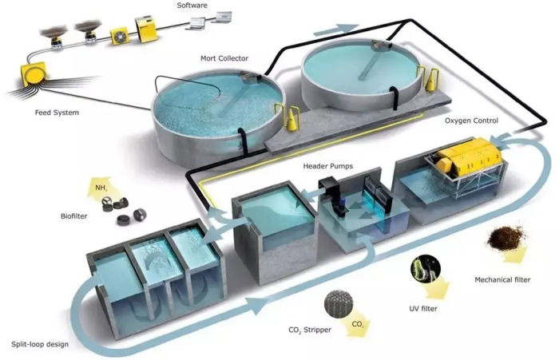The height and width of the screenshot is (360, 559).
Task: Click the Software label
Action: [192, 6]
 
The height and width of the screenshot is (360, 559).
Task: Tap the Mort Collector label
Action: [224, 58]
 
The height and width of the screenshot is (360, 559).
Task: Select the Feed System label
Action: [57, 113]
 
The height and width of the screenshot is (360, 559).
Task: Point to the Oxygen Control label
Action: [471, 121]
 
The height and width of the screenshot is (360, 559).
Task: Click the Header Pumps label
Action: [328, 166]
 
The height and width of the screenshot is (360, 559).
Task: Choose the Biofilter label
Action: [73, 216]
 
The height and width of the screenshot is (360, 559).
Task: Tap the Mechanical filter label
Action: [502, 280]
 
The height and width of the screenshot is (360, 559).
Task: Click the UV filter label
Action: [423, 308]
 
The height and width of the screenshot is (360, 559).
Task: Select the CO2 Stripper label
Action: [310, 330]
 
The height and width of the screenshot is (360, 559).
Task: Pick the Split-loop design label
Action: [40, 344]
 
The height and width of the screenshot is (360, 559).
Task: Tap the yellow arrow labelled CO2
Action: [357, 324]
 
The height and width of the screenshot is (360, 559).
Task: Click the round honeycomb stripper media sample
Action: [339, 303]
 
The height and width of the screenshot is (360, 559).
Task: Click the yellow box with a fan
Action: [120, 36]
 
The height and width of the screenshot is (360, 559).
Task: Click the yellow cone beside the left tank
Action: [292, 119]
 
